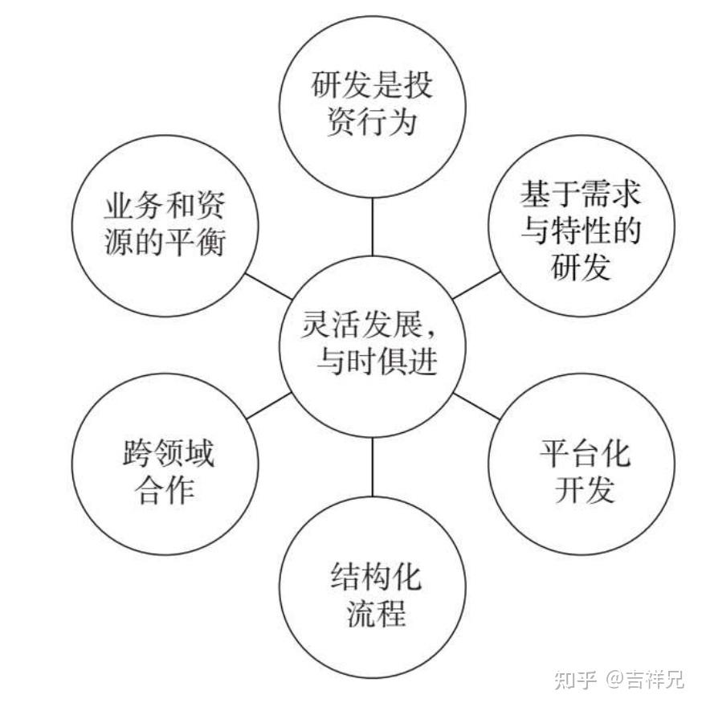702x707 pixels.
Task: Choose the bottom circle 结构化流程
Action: [x=373, y=591]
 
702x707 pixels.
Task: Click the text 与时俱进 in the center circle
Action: [x=378, y=362]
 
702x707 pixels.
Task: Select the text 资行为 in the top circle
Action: [x=373, y=125]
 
